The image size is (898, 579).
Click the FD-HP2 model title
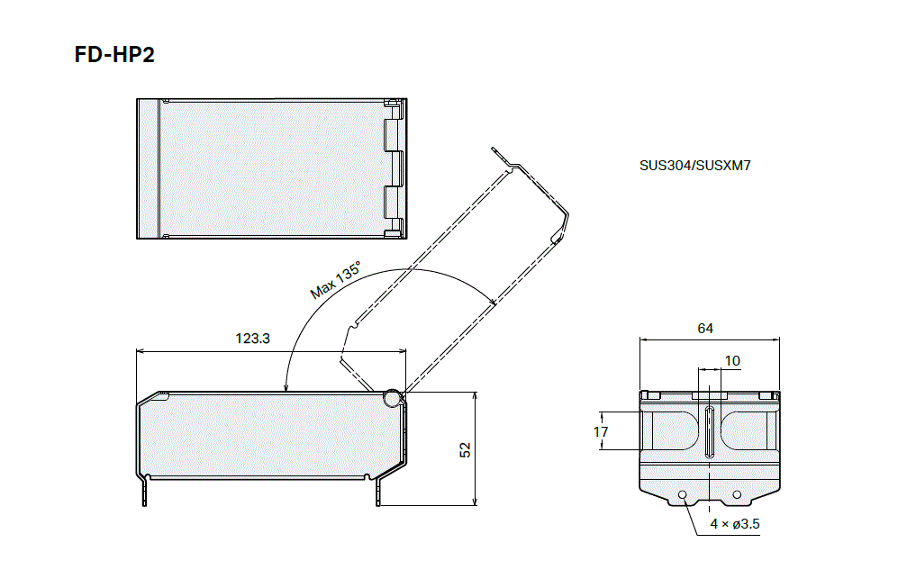(114, 55)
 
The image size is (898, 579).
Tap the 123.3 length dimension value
(253, 339)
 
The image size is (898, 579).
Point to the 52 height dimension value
(465, 449)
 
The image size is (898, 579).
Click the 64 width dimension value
(705, 329)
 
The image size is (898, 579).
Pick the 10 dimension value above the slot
(732, 361)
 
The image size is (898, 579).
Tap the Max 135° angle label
(335, 280)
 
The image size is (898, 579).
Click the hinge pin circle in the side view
(392, 397)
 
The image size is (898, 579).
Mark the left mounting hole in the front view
(684, 494)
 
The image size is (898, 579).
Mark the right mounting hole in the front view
(737, 494)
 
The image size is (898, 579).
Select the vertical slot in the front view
(710, 432)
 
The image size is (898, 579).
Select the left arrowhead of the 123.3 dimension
(138, 351)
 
